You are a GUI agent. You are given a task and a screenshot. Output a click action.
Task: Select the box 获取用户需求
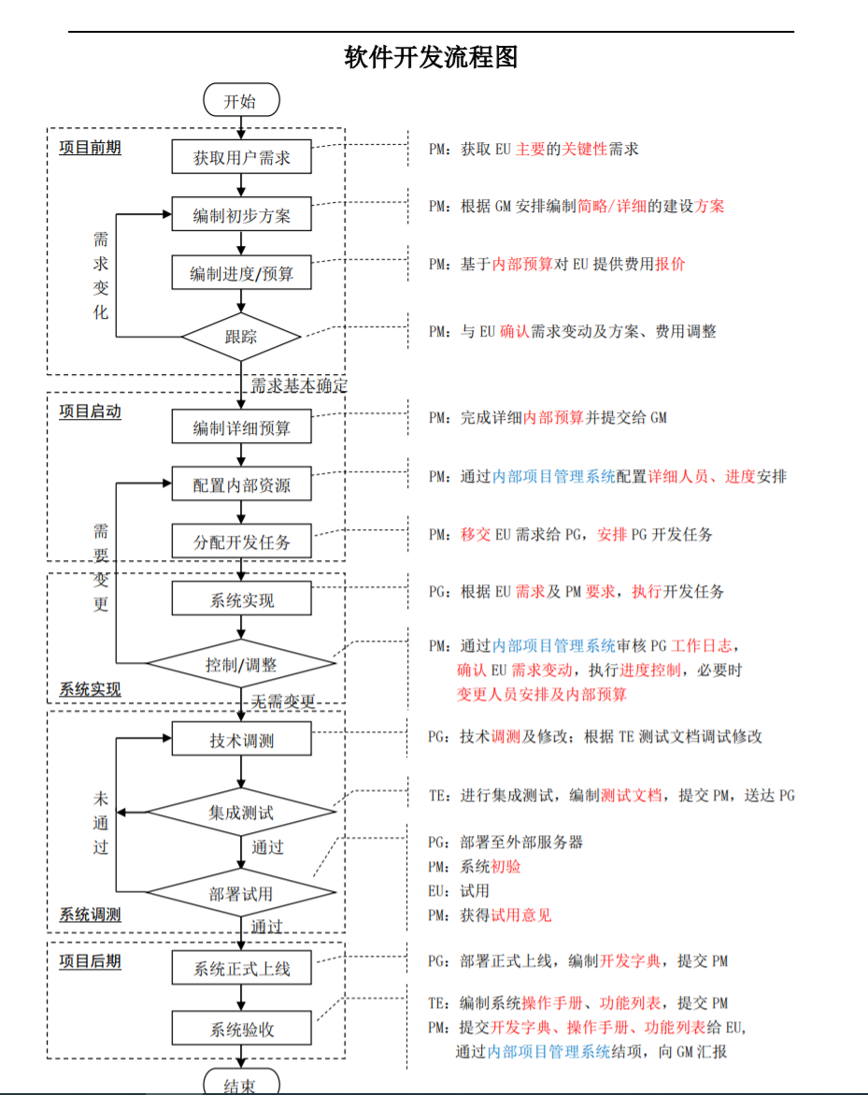[x=241, y=157]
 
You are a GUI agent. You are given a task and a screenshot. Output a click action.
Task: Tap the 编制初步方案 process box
[x=241, y=215]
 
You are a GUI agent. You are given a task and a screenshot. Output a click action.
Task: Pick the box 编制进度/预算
[x=241, y=273]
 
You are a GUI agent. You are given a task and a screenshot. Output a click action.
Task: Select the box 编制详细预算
[x=241, y=427]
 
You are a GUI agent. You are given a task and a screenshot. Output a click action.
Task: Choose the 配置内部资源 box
[x=241, y=485]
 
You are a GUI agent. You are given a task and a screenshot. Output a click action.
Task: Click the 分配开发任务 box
[x=241, y=540]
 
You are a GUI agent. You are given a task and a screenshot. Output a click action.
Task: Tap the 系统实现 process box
[x=241, y=599]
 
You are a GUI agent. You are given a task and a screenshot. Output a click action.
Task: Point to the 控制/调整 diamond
[x=241, y=665]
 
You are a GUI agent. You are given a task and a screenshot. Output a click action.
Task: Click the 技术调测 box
[x=241, y=741]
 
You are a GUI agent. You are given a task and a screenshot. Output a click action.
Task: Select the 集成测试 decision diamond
[x=241, y=812]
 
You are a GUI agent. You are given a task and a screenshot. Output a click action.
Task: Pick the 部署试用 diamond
[x=241, y=893]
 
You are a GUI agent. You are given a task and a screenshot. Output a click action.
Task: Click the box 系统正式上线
[x=241, y=969]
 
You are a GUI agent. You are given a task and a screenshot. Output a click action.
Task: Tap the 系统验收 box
[x=241, y=1030]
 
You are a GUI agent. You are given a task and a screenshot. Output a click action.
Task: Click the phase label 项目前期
[x=90, y=147]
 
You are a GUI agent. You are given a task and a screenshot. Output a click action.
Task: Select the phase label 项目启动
[x=90, y=411]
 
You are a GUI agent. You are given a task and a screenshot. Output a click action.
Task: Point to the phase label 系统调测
[x=90, y=914]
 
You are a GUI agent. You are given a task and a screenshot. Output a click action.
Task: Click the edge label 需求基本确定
[x=299, y=384]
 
